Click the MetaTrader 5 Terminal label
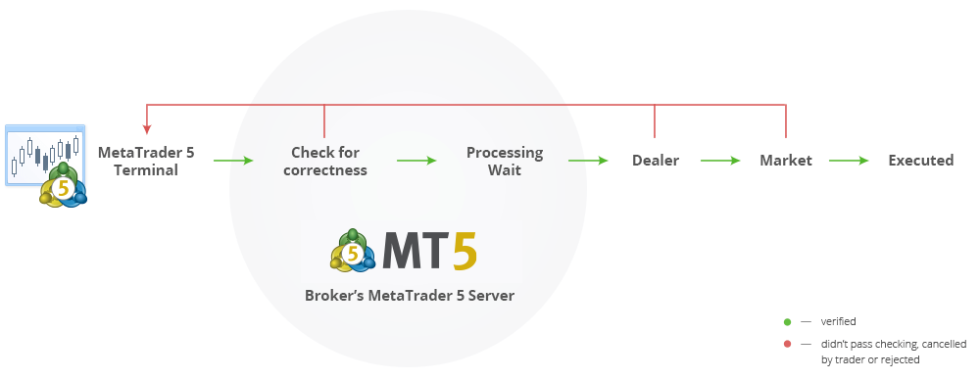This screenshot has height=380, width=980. (x=146, y=162)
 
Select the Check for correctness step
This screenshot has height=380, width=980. (x=324, y=162)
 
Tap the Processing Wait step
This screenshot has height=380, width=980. (x=504, y=162)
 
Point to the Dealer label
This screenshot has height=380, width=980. (x=655, y=161)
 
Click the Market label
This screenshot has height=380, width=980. (x=786, y=161)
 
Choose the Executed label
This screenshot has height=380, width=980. (x=920, y=161)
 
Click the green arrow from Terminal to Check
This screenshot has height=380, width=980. (x=233, y=161)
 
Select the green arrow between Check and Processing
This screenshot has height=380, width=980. (x=416, y=161)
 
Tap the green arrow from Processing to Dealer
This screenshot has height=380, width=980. (x=588, y=161)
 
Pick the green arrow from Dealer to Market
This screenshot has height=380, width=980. (x=720, y=161)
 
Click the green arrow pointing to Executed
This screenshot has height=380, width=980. (x=849, y=161)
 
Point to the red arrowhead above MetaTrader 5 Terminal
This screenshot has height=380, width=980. (x=146, y=128)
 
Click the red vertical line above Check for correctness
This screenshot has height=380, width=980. (x=324, y=120)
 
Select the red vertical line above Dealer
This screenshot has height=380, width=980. (x=655, y=120)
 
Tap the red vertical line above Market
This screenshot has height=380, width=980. (x=786, y=120)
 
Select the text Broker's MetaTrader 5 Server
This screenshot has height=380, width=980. (x=409, y=295)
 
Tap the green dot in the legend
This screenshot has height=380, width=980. (x=786, y=321)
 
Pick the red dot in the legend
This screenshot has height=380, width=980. (x=786, y=344)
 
